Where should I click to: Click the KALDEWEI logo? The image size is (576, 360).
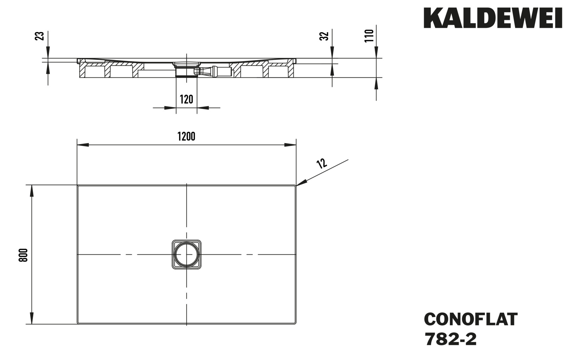pos(493,18)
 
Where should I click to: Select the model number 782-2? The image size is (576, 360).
pos(450,340)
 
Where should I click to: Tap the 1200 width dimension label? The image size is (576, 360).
pos(186,136)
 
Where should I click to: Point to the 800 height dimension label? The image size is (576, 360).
pos(23,255)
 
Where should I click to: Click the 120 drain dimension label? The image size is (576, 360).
pos(186,99)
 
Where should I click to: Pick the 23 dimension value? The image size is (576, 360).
pos(39,36)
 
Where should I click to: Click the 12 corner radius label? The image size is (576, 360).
pos(321,163)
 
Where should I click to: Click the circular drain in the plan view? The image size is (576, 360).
pos(186,254)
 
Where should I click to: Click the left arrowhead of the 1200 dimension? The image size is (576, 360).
pos(83,145)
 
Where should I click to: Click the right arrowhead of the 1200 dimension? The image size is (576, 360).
pos(290,145)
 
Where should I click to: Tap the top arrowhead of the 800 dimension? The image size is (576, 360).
pos(32,191)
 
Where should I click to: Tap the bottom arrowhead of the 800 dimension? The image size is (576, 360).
pos(32,318)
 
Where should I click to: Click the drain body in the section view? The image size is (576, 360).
pos(186,69)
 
